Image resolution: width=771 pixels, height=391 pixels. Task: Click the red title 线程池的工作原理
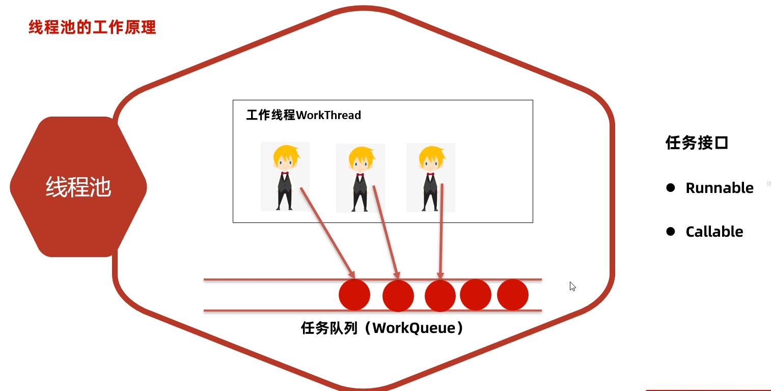coord(92,27)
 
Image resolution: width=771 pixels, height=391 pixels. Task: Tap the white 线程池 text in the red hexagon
coord(78,187)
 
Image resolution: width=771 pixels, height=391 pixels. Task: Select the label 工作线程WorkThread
coord(304,115)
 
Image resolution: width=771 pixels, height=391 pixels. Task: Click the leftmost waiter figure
coord(285,176)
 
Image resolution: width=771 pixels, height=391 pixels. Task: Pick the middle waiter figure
coord(360,178)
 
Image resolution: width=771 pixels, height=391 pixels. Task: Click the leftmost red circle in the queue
coord(354,295)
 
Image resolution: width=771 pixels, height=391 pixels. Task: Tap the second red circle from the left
coord(398,296)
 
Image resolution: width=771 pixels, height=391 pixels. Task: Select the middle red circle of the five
coord(440,296)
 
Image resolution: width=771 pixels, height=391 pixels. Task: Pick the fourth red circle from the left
coord(476,294)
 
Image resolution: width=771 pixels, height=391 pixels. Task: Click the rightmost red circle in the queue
coord(513,295)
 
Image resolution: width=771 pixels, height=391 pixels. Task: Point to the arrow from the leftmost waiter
coord(327,231)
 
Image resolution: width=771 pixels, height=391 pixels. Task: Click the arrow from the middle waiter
coord(386,232)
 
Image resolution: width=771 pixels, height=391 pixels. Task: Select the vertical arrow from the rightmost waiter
coord(441,232)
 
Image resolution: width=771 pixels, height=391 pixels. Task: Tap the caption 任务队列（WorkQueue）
coord(382,328)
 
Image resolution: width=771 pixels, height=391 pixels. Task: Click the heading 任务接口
coord(697,143)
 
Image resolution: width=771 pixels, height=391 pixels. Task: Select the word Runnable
coord(720,188)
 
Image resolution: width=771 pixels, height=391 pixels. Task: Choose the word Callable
coord(714,232)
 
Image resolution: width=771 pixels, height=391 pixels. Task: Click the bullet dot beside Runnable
coord(671,187)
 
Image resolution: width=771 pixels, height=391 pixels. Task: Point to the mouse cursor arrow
coord(572,286)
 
